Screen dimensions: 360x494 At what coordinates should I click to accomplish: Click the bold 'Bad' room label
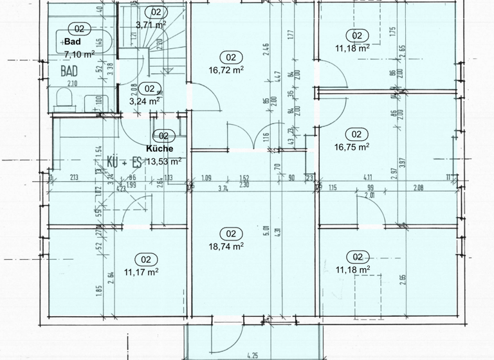coord(73,42)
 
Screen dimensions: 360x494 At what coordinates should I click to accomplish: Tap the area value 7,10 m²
coord(80,53)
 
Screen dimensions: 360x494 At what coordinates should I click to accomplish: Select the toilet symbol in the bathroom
coord(64,98)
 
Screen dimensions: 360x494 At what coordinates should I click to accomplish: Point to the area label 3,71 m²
coord(151,25)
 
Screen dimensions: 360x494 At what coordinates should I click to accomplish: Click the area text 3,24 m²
coord(145,101)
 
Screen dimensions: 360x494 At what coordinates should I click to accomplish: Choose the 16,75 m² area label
coord(352,146)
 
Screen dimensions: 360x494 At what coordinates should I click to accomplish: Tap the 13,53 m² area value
coord(164,161)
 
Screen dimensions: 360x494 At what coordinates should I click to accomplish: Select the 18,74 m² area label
coord(226,246)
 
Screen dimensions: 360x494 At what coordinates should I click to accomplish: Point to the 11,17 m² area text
coord(141,271)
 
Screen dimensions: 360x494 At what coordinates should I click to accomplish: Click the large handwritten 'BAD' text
coord(69,71)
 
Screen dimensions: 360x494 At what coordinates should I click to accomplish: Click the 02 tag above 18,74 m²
coord(232,234)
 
